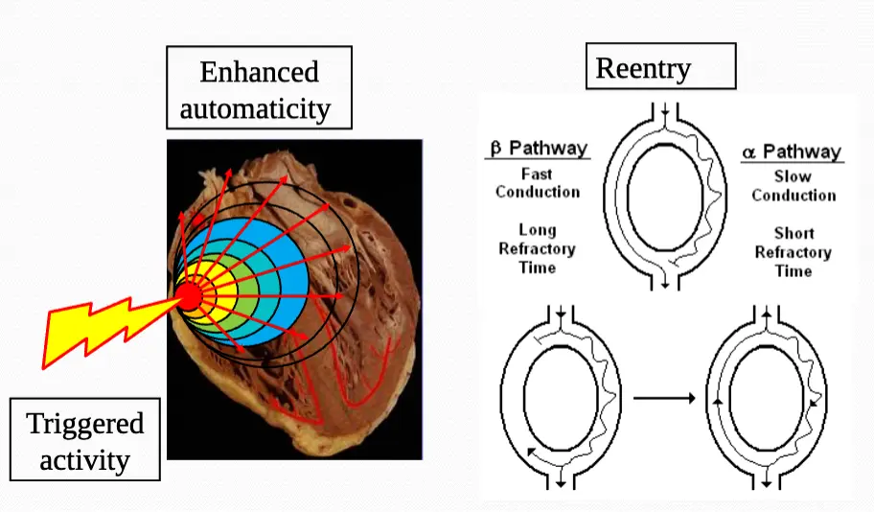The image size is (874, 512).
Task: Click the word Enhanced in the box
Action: coord(259,72)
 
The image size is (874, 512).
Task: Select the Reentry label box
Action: coord(660,67)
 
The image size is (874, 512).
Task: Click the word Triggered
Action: coord(85,424)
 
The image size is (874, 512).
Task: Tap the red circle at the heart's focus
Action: coord(190,296)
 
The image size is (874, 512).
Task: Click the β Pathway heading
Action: coord(538,149)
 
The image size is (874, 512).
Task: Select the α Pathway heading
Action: coord(792,151)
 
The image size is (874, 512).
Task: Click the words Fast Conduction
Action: coord(538,183)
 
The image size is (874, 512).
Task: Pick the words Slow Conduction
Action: coord(793,186)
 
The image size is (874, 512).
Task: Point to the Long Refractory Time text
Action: coord(537,249)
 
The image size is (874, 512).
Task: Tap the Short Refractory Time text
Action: coord(793,252)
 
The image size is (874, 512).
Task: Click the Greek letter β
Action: coord(496,149)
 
